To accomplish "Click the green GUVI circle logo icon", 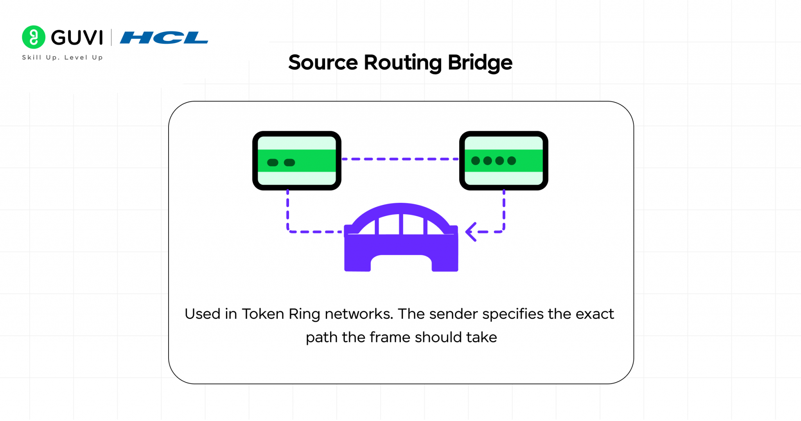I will pos(34,37).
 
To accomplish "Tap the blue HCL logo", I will pos(164,38).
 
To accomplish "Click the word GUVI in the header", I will pos(77,38).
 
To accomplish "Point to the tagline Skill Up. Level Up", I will pos(63,58).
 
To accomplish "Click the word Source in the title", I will pos(323,63).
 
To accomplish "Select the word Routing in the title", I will pos(402,63).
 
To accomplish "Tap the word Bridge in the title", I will pos(480,63).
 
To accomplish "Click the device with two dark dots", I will pos(297,161).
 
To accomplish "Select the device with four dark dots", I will pos(504,161).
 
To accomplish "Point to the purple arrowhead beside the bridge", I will pos(471,232).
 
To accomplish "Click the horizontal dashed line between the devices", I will pos(400,159).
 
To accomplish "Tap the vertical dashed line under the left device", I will pos(288,210).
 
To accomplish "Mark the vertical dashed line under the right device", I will pos(504,210).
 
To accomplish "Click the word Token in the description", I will pos(262,314).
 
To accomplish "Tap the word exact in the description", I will pos(594,314).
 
